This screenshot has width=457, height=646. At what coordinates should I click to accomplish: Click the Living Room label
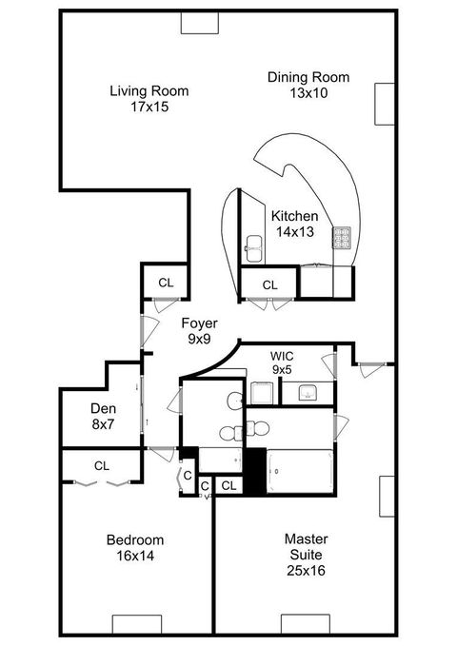(x=149, y=91)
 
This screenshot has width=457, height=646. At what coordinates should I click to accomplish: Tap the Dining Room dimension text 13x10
(x=308, y=93)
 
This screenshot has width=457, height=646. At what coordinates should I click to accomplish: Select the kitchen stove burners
(x=343, y=235)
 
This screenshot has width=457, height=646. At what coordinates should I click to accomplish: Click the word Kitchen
(x=294, y=216)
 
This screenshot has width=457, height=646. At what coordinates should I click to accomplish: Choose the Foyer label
(x=199, y=323)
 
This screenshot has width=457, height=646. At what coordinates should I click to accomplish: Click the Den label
(x=103, y=407)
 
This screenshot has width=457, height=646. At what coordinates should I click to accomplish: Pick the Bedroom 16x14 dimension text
(x=134, y=556)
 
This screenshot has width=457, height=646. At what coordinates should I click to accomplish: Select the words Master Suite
(x=308, y=546)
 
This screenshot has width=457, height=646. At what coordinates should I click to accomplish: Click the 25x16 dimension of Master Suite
(x=308, y=571)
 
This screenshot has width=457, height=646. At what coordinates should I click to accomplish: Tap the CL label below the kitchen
(x=269, y=284)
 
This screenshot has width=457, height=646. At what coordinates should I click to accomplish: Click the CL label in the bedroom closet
(x=102, y=465)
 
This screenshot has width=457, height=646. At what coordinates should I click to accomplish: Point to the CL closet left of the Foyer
(x=166, y=283)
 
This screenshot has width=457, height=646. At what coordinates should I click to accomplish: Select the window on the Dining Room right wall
(x=385, y=105)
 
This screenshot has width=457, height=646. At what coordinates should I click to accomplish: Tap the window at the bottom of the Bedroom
(x=140, y=624)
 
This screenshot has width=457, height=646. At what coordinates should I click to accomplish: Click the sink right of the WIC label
(x=308, y=392)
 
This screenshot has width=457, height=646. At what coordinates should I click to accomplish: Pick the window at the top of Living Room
(x=199, y=24)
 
